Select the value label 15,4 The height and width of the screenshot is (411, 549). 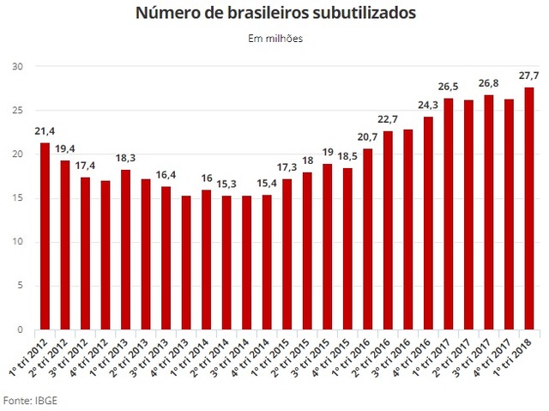click(x=265, y=184)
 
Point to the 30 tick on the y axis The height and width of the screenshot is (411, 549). click(x=18, y=66)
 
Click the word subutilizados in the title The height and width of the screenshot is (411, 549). click(x=343, y=14)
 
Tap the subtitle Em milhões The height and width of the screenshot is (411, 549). click(x=275, y=38)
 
